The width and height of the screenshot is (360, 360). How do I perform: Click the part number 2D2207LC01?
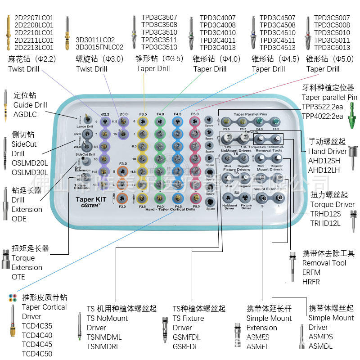point(34,18)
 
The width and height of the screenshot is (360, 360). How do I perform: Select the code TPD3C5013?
point(332,47)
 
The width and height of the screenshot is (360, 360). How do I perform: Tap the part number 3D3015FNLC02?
point(99,47)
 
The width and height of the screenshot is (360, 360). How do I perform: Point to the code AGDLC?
point(25,115)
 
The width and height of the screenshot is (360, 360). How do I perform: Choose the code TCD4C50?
point(37,354)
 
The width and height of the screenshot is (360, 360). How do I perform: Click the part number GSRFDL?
point(185,346)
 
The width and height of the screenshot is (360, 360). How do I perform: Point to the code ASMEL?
point(258,346)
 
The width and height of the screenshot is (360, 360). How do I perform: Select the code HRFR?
point(311,282)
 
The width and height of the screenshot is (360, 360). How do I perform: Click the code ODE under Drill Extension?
point(19,219)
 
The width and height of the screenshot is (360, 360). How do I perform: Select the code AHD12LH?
point(324,170)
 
